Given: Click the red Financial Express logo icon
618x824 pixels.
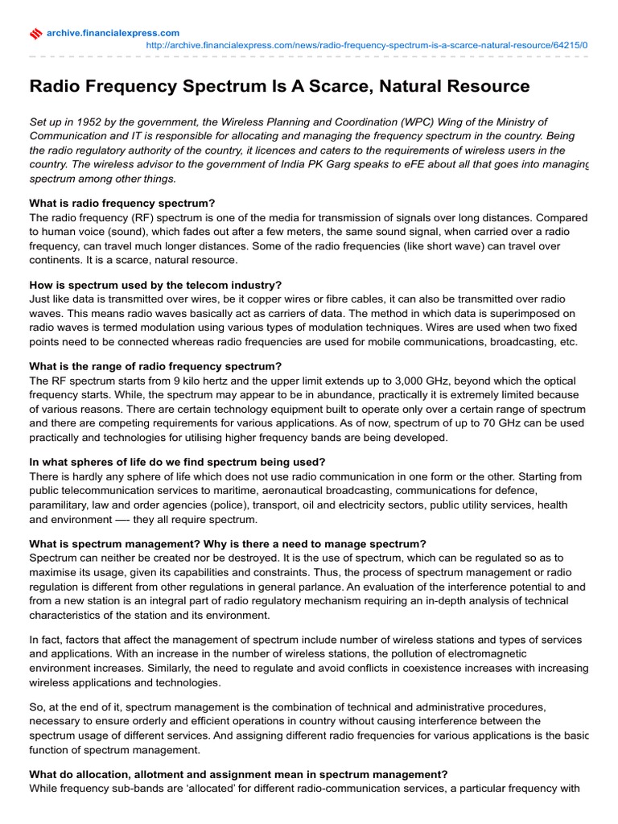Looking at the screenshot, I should (35, 33).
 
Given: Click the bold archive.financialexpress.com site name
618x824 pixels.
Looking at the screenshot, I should (113, 32).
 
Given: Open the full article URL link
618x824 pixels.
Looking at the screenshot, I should (366, 45).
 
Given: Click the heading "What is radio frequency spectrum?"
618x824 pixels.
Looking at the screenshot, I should (122, 204).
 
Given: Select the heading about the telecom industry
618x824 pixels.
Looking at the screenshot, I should (155, 285).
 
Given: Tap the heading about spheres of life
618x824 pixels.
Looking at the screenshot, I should (177, 462).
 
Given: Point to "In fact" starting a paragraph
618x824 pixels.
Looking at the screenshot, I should (47, 640).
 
